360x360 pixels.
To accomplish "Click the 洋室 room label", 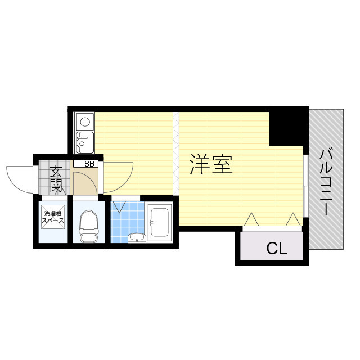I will pos(211,164).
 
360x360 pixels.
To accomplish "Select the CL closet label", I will pos(276,249).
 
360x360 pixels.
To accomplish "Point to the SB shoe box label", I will pos(89,164).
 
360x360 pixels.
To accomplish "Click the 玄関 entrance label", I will pos(55,179).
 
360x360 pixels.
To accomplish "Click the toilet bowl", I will pos(89,225).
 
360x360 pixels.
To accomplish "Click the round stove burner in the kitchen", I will pos(85,121).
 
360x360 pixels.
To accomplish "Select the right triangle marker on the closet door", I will pos(293,219).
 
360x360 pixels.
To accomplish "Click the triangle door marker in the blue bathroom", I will pos(119,208).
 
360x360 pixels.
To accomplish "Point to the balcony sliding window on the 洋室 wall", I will pos(304,185).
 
